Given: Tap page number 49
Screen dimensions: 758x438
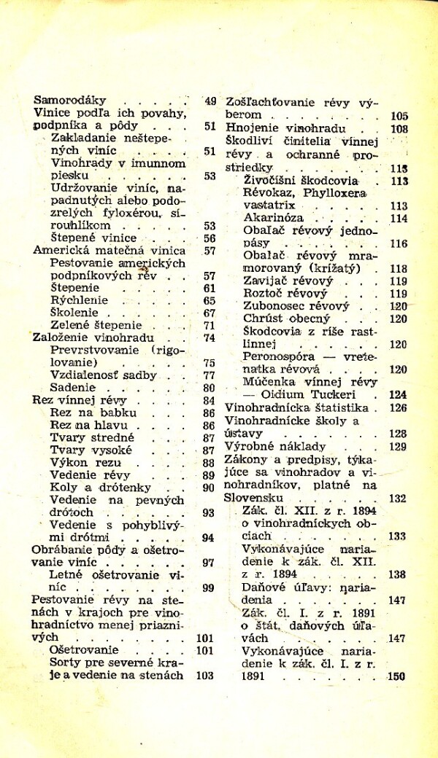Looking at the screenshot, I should [210, 101].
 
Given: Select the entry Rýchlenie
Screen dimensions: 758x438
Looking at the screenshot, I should [79, 300].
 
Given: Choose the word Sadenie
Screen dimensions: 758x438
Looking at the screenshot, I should [73, 388].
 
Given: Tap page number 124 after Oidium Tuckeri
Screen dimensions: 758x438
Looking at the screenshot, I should [398, 394].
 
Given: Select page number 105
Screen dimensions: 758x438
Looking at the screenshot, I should [399, 115].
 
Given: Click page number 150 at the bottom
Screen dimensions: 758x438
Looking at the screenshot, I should [396, 676].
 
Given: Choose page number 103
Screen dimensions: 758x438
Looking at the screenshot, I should [205, 676].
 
